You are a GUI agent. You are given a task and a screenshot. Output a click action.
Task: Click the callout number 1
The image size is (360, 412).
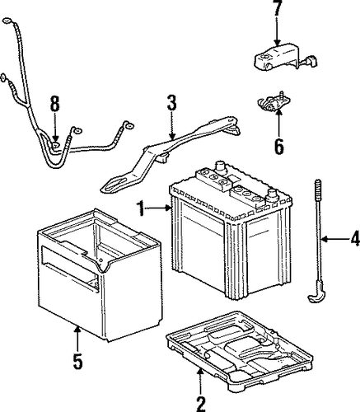point(141,208)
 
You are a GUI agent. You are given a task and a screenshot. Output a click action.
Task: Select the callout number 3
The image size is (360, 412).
point(171,103)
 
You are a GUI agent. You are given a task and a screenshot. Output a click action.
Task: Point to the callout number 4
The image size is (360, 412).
point(355,238)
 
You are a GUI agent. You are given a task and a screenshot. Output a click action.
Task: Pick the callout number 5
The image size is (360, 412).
point(77,361)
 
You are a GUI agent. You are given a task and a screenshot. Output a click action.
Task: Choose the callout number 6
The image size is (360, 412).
point(278,147)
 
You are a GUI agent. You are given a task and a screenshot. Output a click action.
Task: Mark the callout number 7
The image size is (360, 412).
point(278,8)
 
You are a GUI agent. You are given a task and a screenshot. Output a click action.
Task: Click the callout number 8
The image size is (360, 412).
point(54,104)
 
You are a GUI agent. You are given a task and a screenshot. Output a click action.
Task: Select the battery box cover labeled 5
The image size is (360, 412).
point(100,274)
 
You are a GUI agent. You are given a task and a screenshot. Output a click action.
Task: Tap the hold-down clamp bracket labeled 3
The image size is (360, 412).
point(171,154)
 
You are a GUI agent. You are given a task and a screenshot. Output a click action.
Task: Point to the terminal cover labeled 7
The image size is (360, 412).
point(284,57)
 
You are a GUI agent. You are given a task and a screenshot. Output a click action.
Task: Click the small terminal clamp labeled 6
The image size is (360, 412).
point(274,104)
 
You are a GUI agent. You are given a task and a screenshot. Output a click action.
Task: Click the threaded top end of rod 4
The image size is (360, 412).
point(318,190)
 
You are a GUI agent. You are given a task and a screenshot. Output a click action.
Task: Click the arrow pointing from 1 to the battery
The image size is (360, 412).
point(158,208)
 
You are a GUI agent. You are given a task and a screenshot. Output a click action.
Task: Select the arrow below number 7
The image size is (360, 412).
point(278,30)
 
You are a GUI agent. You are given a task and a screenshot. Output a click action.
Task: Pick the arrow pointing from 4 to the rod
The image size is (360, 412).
point(335,240)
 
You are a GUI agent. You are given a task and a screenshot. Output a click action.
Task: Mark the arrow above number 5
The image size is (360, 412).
point(77,339)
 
